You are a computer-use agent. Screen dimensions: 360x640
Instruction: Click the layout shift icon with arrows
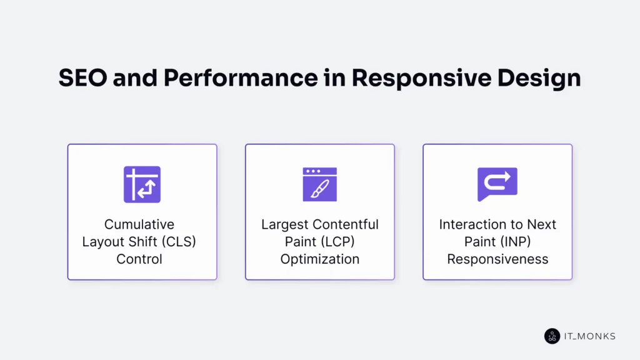142,184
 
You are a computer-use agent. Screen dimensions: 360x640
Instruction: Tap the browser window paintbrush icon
319,184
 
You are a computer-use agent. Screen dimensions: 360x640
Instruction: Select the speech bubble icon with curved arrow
497,184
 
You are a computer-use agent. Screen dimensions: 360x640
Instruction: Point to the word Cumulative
139,224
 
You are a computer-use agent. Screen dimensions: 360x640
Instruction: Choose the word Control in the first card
139,259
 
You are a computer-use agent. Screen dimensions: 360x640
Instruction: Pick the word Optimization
319,259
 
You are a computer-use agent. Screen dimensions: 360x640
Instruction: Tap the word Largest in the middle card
285,224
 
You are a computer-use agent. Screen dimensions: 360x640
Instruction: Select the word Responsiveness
497,259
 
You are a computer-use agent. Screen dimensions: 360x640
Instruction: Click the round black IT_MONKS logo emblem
552,336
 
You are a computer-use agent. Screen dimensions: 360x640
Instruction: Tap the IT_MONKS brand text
589,336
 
